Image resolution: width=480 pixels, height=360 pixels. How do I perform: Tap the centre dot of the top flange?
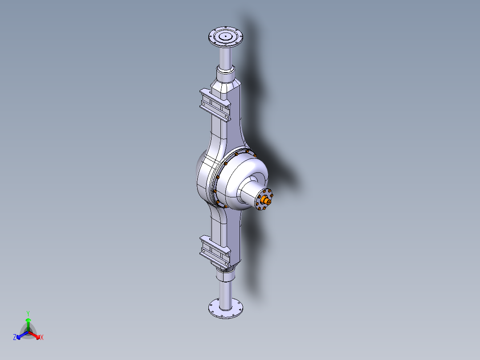[226, 36]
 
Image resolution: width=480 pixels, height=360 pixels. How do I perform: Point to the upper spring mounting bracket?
[215, 105]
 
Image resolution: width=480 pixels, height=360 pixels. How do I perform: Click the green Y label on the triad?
[28, 313]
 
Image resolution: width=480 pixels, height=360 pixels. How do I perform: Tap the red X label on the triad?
[42, 338]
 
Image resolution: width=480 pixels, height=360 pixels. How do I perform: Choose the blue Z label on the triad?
[15, 338]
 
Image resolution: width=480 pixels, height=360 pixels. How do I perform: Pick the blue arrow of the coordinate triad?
[20, 335]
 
